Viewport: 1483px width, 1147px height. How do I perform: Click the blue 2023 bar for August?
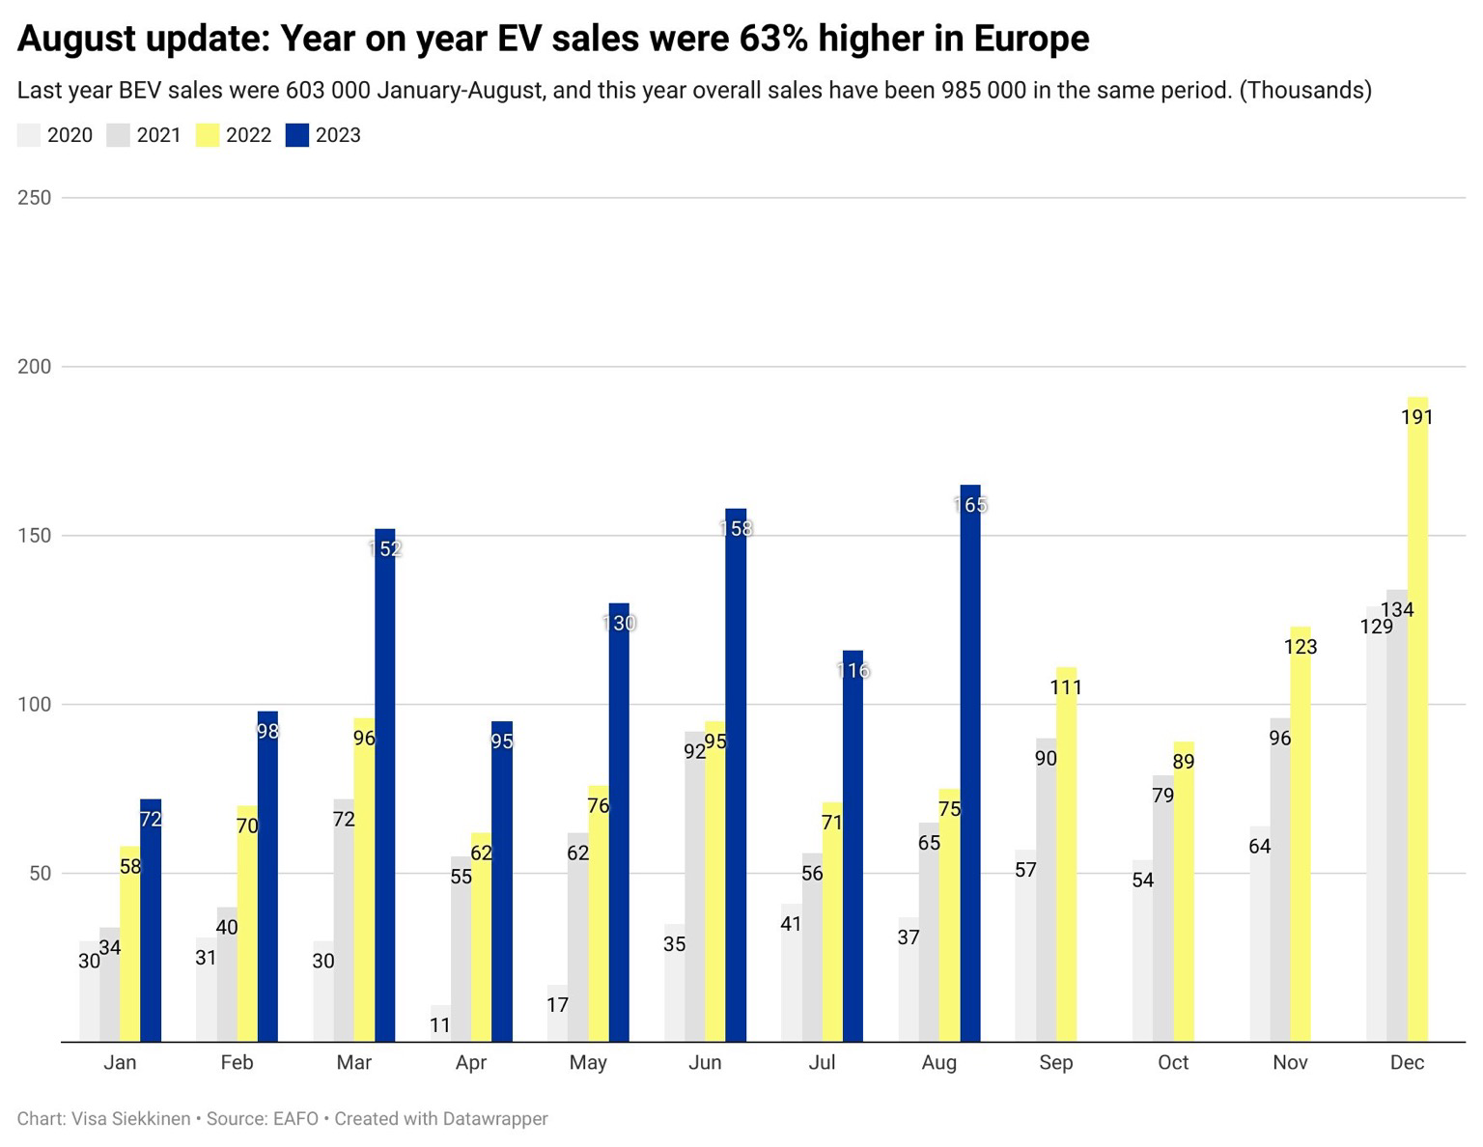pos(970,763)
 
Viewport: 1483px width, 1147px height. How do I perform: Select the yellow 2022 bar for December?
pos(1417,719)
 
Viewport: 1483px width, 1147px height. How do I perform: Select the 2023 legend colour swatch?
pos(297,135)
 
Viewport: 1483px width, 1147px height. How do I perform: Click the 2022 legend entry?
pos(248,135)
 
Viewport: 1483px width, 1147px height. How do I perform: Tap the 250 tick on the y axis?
pos(35,197)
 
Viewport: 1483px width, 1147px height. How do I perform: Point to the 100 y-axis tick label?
pos(35,705)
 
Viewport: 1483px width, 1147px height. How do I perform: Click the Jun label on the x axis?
pos(705,1063)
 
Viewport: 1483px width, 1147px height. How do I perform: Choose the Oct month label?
pos(1173,1063)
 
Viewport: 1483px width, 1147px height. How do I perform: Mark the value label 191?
pos(1417,417)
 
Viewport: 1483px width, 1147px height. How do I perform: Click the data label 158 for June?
pos(736,529)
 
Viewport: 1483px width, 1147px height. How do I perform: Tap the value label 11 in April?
pos(440,1025)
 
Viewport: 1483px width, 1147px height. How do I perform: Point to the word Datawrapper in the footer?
pos(494,1119)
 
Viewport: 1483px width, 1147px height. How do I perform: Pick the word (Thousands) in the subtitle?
pos(1304,91)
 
